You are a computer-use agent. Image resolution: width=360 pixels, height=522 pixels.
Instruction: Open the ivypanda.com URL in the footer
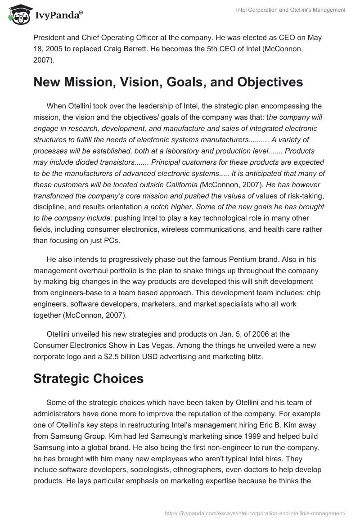click(x=256, y=512)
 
